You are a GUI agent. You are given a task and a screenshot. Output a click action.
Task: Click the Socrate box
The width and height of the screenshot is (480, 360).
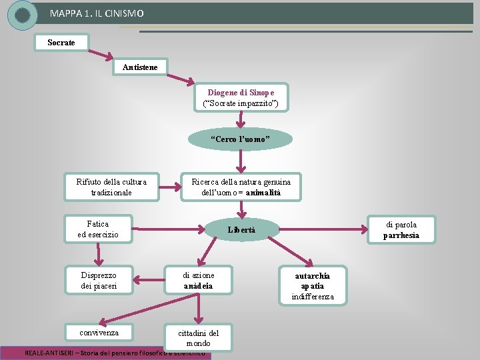pyautogui.click(x=61, y=43)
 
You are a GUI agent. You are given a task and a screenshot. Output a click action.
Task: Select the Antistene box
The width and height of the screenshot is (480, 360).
pyautogui.click(x=141, y=67)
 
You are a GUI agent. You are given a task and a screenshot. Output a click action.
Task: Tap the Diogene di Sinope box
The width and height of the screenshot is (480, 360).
pyautogui.click(x=241, y=97)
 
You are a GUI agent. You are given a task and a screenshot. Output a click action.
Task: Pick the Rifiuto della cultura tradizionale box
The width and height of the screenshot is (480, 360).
pyautogui.click(x=111, y=187)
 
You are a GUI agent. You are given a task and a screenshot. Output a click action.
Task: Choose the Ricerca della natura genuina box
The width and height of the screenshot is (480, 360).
pyautogui.click(x=241, y=187)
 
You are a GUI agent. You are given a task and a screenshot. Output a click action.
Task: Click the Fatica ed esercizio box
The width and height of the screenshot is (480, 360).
pyautogui.click(x=98, y=229)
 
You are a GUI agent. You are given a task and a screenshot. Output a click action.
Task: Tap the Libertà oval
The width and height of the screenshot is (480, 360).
pyautogui.click(x=241, y=230)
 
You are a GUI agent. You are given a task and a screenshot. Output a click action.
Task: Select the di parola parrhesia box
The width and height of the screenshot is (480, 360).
pyautogui.click(x=401, y=230)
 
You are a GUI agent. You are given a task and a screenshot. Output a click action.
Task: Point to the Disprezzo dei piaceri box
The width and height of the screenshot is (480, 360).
pyautogui.click(x=99, y=280)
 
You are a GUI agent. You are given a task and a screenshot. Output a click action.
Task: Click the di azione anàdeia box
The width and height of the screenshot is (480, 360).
pyautogui.click(x=198, y=280)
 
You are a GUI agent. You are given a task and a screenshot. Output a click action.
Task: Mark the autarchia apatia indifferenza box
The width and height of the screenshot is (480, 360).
pyautogui.click(x=312, y=285)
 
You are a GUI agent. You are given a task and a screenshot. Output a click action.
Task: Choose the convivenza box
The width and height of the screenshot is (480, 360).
pyautogui.click(x=99, y=332)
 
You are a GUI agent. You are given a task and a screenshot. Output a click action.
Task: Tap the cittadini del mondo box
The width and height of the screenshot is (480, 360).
pyautogui.click(x=198, y=337)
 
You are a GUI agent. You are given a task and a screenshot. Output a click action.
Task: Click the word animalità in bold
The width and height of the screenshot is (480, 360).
pyautogui.click(x=263, y=193)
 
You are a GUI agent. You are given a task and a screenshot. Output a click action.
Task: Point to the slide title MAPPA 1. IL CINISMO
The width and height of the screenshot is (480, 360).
pyautogui.click(x=96, y=13)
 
